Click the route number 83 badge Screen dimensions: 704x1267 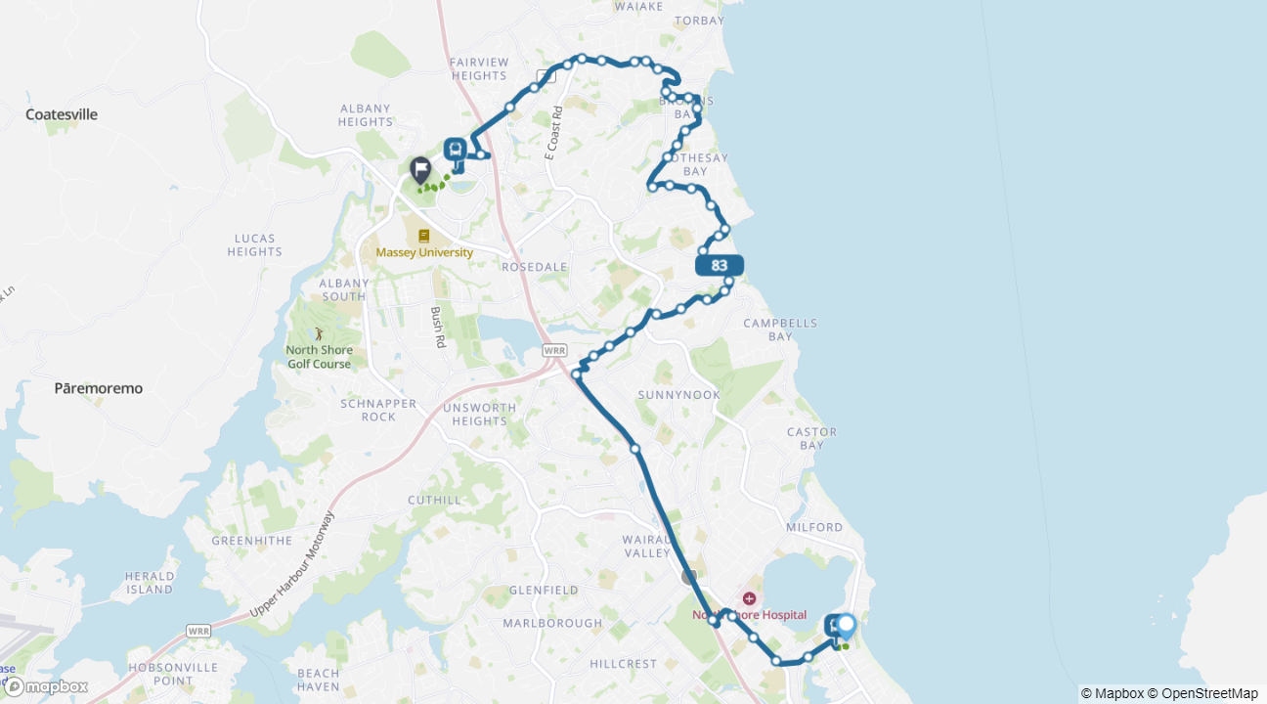point(720,265)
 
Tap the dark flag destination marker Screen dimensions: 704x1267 point(420,170)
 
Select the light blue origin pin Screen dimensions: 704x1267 point(847,626)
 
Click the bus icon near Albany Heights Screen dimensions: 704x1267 point(456,150)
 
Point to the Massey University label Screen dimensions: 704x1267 point(424,252)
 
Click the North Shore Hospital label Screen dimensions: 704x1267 point(750,615)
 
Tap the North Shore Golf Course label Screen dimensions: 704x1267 point(319,357)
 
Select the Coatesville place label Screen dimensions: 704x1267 point(62,114)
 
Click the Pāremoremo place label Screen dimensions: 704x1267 point(98,388)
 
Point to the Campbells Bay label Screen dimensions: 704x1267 point(780,330)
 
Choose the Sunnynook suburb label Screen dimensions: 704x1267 point(678,395)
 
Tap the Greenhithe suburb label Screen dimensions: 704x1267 point(246,540)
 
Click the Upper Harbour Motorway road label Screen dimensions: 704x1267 point(292,565)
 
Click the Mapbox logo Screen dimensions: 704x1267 point(46,686)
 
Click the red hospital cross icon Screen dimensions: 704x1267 point(749,598)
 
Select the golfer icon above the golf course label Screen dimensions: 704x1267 point(319,334)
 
